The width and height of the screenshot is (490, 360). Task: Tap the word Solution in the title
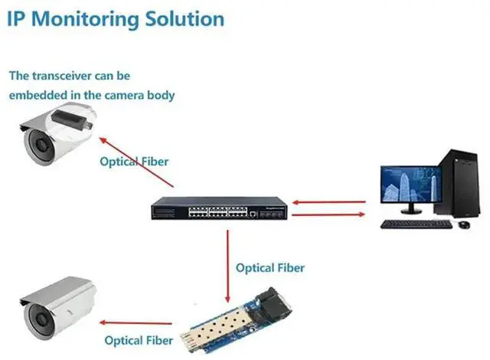click(x=183, y=18)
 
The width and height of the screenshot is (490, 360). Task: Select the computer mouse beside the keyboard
click(x=462, y=224)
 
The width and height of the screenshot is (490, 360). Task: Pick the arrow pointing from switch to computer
click(x=329, y=216)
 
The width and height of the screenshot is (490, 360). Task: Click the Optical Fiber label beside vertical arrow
click(x=269, y=268)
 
